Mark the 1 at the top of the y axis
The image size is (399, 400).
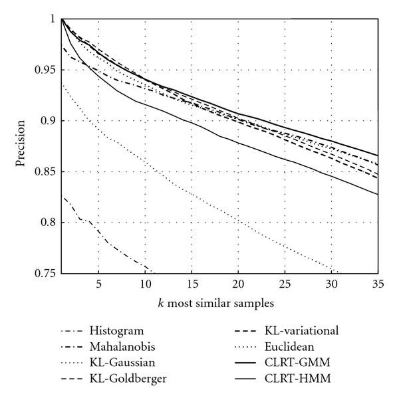coord(53,19)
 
